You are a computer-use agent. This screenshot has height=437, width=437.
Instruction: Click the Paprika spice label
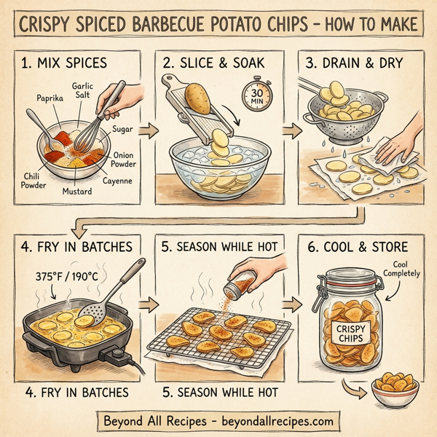(48, 97)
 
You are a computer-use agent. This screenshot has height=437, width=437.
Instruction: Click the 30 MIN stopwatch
(257, 96)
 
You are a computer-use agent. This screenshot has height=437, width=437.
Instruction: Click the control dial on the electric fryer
(117, 355)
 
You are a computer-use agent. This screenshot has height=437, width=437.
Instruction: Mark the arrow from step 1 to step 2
(149, 132)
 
